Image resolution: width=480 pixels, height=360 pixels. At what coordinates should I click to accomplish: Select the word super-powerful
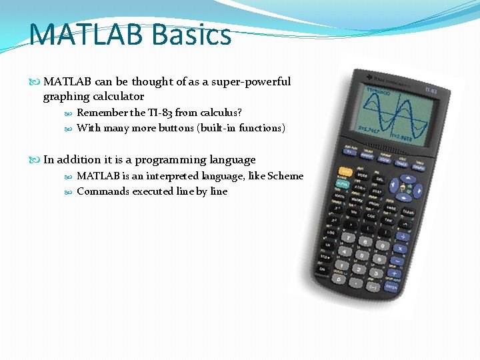[251, 81]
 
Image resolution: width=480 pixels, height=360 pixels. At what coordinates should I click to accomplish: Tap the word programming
[168, 159]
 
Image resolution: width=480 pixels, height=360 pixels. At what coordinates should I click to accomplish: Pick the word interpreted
[176, 176]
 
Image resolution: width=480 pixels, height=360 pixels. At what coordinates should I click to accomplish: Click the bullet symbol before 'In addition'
[36, 160]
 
